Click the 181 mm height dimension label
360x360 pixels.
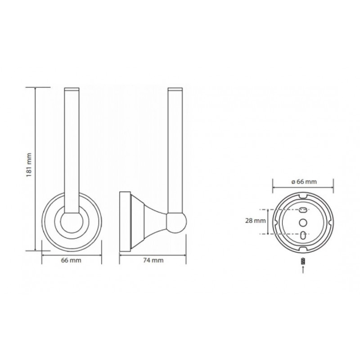click(29, 165)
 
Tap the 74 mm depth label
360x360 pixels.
click(153, 261)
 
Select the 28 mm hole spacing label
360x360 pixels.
click(255, 221)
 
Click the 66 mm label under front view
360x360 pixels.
click(71, 261)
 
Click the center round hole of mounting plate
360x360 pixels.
click(303, 222)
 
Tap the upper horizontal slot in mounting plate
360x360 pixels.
click(303, 209)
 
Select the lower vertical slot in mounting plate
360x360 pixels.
click(303, 235)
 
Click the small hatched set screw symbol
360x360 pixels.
click(303, 261)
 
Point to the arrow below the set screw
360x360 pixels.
click(303, 269)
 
